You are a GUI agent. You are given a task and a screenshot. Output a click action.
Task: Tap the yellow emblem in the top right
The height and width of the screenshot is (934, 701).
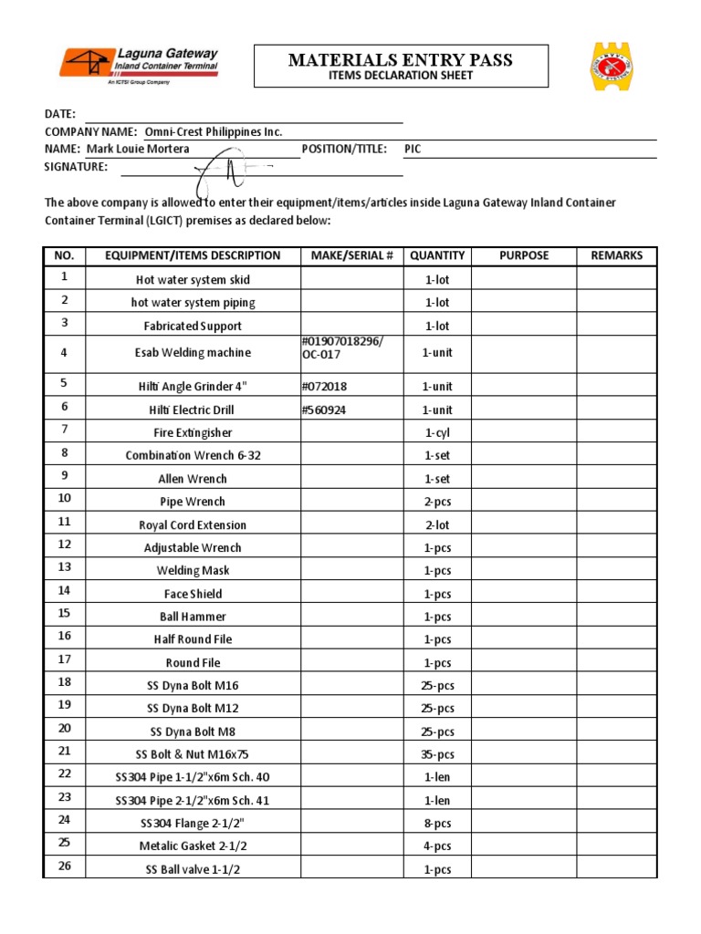click(611, 66)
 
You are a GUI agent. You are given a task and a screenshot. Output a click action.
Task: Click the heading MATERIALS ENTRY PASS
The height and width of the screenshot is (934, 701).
click(401, 61)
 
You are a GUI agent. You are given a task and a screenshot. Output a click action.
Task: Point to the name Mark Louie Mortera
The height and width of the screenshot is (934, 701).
click(138, 149)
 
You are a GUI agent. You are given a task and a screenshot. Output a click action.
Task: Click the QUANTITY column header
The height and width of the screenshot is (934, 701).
click(437, 255)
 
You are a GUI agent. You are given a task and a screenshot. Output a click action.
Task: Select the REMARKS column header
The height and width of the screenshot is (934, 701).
click(616, 255)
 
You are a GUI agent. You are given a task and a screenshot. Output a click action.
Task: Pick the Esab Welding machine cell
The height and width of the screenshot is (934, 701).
click(193, 353)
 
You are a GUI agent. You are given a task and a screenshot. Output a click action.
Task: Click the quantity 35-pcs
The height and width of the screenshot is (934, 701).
click(437, 754)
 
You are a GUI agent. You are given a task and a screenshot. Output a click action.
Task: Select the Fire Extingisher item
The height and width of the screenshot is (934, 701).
click(193, 432)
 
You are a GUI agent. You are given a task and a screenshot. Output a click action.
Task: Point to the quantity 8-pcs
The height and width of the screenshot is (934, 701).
click(437, 823)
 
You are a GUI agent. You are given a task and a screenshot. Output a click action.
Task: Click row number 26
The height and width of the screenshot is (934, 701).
click(64, 867)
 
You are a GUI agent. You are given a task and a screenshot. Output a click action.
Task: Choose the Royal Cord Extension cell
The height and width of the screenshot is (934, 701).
click(193, 524)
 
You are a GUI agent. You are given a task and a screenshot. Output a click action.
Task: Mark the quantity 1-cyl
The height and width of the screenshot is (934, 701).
click(437, 432)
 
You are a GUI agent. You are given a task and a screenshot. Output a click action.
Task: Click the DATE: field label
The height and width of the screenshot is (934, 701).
click(60, 114)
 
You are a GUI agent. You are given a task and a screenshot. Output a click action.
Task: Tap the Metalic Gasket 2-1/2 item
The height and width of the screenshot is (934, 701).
click(193, 846)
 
